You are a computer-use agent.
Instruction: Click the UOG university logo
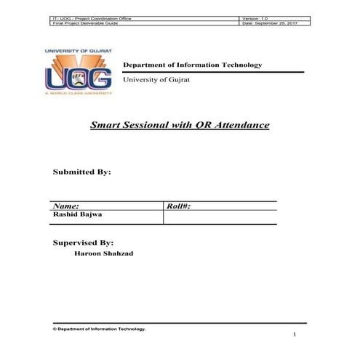click(79, 73)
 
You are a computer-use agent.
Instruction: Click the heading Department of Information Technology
click(192, 65)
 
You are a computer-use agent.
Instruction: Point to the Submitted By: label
click(81, 172)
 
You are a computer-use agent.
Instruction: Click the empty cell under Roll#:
click(219, 217)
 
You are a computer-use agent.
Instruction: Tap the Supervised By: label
click(83, 242)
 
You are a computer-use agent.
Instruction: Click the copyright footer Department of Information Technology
click(99, 329)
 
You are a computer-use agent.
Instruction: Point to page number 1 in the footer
click(295, 335)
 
